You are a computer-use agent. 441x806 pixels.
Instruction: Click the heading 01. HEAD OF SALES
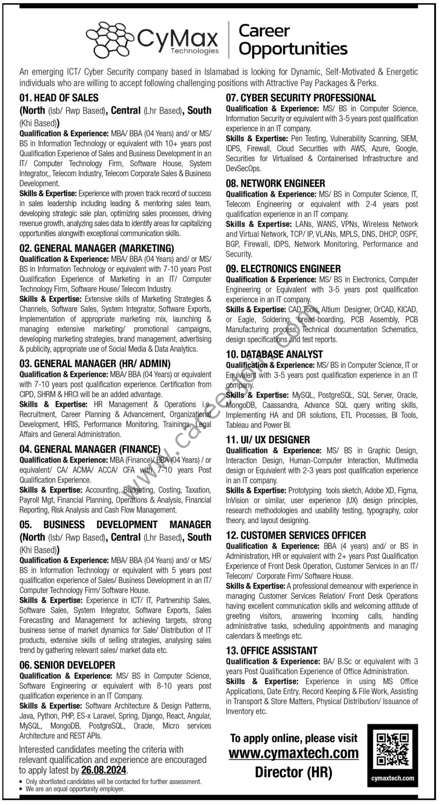click(x=59, y=98)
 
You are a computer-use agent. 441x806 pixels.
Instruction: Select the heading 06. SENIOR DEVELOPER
click(x=67, y=665)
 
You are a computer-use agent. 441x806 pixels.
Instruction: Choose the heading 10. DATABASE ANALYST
click(x=274, y=354)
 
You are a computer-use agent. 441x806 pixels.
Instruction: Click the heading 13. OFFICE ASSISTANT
click(x=271, y=651)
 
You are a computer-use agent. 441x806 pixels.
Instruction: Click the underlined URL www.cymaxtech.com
click(x=293, y=754)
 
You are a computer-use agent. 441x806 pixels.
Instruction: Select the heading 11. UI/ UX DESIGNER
click(x=268, y=440)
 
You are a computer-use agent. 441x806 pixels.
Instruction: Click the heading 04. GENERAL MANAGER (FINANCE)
click(x=90, y=449)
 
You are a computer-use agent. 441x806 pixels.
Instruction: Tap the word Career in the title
click(x=264, y=31)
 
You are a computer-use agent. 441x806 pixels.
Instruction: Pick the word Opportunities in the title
click(x=293, y=49)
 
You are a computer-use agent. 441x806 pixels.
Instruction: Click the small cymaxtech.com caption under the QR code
click(x=393, y=778)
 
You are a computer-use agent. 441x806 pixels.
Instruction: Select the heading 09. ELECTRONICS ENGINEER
click(x=283, y=269)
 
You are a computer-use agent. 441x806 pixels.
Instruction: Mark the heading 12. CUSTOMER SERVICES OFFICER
click(x=296, y=535)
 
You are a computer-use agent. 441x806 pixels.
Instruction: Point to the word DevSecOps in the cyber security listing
click(x=243, y=168)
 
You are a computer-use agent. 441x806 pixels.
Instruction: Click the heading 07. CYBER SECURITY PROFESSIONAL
click(x=301, y=98)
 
